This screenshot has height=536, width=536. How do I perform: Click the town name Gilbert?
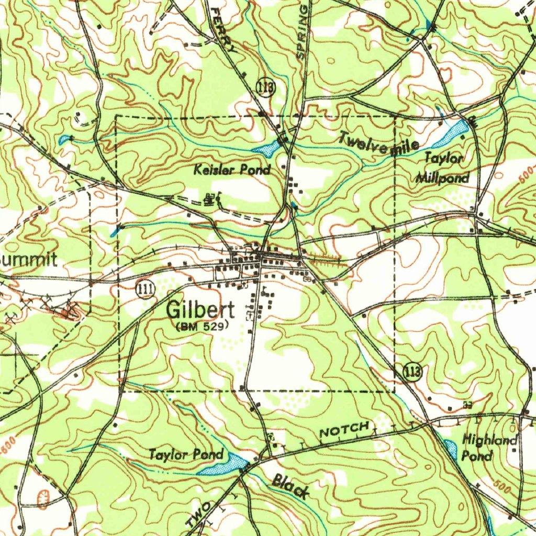pyautogui.click(x=200, y=310)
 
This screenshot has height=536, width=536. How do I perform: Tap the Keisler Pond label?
pyautogui.click(x=232, y=170)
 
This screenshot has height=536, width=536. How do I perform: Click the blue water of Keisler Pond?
pyautogui.click(x=269, y=149)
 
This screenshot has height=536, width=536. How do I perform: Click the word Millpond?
pyautogui.click(x=443, y=178)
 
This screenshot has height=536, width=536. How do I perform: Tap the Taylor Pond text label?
pyautogui.click(x=186, y=454)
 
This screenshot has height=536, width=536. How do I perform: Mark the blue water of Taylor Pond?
pyautogui.click(x=225, y=463)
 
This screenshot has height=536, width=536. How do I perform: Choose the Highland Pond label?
pyautogui.click(x=489, y=447)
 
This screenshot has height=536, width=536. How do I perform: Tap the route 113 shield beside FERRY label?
pyautogui.click(x=266, y=87)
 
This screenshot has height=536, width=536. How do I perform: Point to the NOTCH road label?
pyautogui.click(x=344, y=430)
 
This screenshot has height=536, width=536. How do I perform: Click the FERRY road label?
pyautogui.click(x=224, y=31)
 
